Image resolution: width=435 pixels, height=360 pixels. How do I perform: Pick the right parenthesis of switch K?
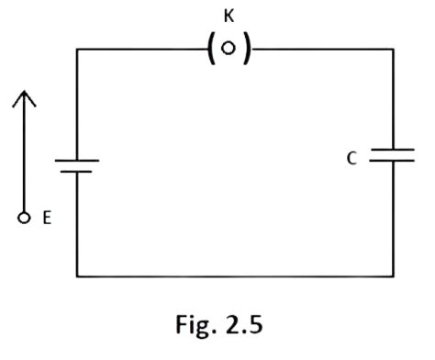[x=246, y=50]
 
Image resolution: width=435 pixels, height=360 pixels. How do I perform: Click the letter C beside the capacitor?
[x=351, y=158]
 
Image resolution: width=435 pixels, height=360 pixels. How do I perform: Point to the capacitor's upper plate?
[x=393, y=148]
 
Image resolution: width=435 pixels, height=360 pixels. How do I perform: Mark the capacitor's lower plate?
[x=393, y=162]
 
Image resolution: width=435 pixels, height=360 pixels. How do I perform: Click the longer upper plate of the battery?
[x=77, y=161]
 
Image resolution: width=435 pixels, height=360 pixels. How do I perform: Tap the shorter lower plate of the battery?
[x=77, y=172]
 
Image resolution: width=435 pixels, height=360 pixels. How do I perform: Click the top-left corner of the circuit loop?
[x=77, y=50]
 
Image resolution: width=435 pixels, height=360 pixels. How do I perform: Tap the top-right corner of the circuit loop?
[x=393, y=50]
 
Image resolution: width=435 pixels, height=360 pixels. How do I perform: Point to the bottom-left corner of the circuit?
[x=77, y=276]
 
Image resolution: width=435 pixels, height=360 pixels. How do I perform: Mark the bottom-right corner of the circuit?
[x=393, y=276]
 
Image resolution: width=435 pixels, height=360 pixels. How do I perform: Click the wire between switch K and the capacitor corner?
[x=321, y=50]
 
